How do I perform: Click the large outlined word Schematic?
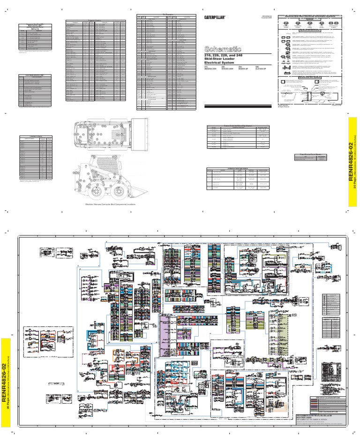point(224,49)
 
